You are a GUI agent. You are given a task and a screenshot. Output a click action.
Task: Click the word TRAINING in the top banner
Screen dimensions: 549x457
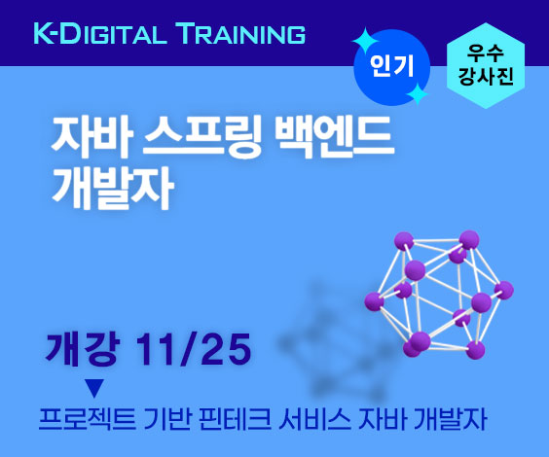tap(242, 34)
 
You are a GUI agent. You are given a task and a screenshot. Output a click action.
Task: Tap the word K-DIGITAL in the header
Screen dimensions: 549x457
tap(100, 34)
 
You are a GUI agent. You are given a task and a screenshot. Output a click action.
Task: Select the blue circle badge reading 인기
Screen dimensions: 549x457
tap(391, 67)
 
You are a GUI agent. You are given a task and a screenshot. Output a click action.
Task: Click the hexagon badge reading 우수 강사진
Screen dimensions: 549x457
tap(486, 66)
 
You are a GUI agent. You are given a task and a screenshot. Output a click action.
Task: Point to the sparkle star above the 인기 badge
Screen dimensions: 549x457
tap(364, 41)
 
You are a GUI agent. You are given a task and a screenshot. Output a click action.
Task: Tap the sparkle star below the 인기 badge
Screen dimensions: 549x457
tap(417, 94)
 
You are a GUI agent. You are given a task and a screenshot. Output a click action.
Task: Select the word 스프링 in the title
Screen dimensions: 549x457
tap(202, 137)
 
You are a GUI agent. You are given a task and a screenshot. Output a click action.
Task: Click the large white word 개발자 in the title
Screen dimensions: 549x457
tap(113, 188)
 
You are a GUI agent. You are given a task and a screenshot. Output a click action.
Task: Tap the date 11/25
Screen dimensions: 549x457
tap(194, 349)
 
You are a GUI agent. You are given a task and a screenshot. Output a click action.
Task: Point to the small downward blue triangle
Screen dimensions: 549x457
tap(94, 388)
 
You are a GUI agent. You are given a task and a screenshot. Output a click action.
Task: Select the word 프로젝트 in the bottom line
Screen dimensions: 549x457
tap(88, 419)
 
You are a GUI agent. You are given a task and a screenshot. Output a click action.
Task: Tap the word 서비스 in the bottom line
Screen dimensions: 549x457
tap(314, 419)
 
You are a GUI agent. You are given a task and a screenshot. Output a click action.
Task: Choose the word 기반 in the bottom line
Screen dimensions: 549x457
tap(167, 419)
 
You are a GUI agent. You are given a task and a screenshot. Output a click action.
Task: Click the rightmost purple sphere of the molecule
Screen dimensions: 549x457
tap(504, 290)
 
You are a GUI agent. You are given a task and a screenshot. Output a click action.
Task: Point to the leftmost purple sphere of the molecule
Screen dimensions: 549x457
tap(375, 301)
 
